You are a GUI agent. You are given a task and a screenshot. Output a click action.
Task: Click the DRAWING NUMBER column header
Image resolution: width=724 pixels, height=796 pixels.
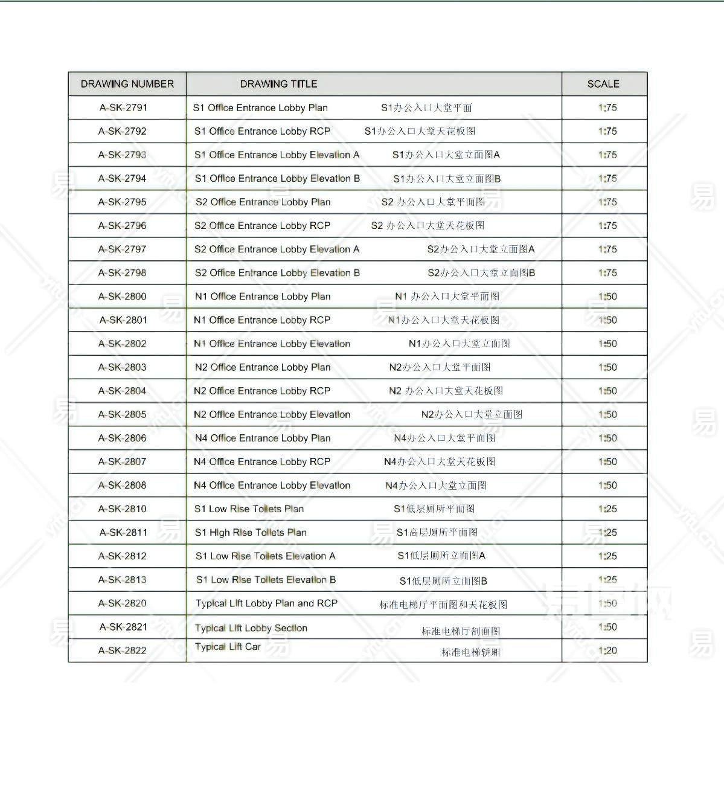tap(127, 84)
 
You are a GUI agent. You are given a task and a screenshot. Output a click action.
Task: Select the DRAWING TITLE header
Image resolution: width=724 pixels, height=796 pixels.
tap(278, 84)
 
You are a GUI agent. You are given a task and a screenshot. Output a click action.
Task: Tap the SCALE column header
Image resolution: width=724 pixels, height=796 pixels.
tap(603, 84)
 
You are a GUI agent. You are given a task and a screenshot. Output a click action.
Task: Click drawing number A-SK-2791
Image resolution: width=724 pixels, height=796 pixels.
tap(123, 108)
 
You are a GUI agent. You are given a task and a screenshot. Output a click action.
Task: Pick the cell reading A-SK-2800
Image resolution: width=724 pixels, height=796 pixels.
tap(123, 297)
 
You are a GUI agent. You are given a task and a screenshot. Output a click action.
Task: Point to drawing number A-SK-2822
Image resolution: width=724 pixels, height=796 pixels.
tap(123, 650)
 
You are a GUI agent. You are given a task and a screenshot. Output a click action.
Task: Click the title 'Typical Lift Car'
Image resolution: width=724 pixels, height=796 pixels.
tap(228, 647)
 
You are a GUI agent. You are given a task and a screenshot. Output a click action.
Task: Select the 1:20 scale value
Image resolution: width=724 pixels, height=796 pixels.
tap(607, 650)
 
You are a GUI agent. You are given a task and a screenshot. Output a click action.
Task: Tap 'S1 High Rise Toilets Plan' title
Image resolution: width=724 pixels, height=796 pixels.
tap(251, 533)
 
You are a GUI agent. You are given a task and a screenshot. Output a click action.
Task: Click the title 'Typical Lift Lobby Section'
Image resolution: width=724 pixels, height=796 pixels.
tap(251, 628)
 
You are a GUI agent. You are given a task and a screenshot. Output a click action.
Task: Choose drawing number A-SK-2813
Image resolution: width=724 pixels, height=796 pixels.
tap(123, 580)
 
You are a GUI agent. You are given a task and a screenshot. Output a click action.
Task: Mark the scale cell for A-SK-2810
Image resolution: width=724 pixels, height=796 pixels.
tap(607, 509)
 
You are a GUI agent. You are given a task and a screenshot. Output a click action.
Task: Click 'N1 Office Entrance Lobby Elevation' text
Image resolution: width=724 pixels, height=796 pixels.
tap(272, 344)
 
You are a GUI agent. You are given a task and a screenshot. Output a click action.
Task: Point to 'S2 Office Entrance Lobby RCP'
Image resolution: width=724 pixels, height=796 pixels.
tap(262, 226)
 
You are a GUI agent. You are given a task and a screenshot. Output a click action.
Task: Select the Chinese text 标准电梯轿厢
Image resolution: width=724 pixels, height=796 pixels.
tap(470, 652)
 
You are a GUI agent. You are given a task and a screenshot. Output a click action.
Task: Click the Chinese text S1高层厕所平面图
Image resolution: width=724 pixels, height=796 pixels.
tap(437, 533)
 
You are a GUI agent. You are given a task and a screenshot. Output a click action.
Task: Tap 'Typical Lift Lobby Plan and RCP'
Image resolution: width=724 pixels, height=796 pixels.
tap(266, 603)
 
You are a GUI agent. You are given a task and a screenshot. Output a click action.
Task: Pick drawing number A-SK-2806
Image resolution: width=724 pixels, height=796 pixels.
tap(123, 438)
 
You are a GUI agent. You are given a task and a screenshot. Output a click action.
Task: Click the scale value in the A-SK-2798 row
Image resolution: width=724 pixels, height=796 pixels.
tap(607, 273)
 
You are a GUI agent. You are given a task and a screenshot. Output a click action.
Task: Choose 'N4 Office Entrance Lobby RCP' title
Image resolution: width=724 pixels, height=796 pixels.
tap(262, 462)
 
